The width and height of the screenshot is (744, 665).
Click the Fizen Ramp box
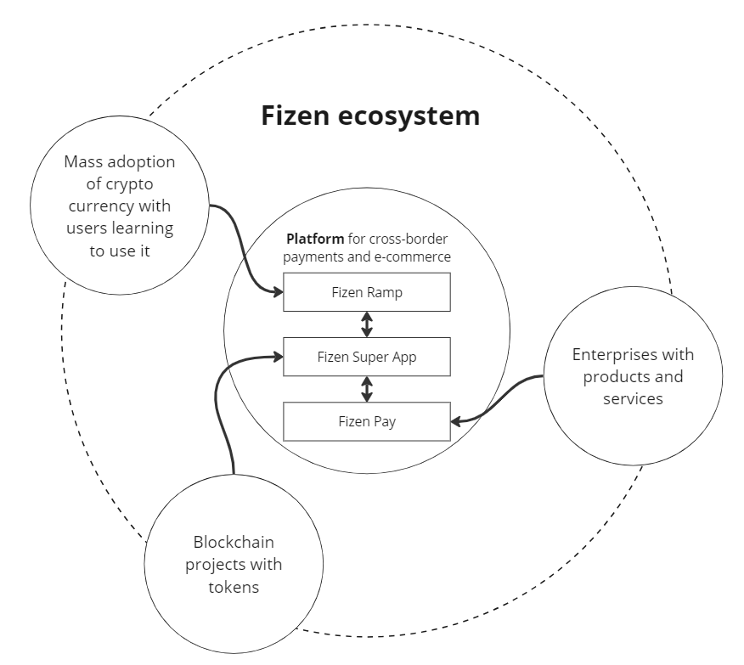366,293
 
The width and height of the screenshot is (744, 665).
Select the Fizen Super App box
366,358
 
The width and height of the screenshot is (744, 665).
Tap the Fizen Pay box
366,422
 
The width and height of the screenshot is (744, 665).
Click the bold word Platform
315,239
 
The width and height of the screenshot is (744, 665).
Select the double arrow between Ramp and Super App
367,324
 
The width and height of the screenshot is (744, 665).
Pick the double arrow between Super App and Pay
367,390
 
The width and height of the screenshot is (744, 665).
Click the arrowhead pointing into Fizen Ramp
277,293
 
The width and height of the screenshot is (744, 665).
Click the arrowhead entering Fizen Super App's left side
277,358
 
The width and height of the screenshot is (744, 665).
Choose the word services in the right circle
633,397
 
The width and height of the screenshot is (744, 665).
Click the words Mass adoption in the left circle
119,161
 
